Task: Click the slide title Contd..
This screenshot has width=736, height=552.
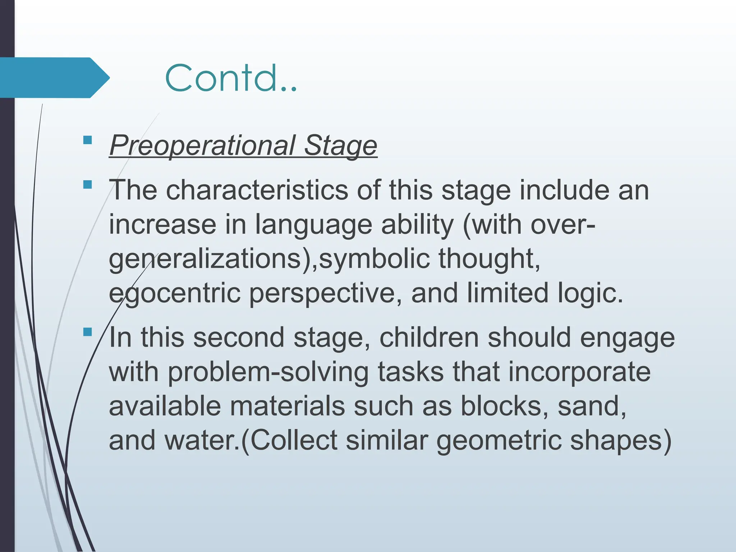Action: (231, 78)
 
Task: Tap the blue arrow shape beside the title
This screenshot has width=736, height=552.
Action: (54, 78)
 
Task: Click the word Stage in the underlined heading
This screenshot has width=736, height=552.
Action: (340, 145)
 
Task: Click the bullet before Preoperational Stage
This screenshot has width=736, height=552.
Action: (87, 140)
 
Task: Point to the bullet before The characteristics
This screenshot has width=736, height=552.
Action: (87, 185)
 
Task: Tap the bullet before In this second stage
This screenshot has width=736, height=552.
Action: (87, 332)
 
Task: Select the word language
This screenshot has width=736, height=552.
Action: (314, 225)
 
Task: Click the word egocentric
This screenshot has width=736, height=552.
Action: (175, 293)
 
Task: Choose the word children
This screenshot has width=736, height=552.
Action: (429, 337)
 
